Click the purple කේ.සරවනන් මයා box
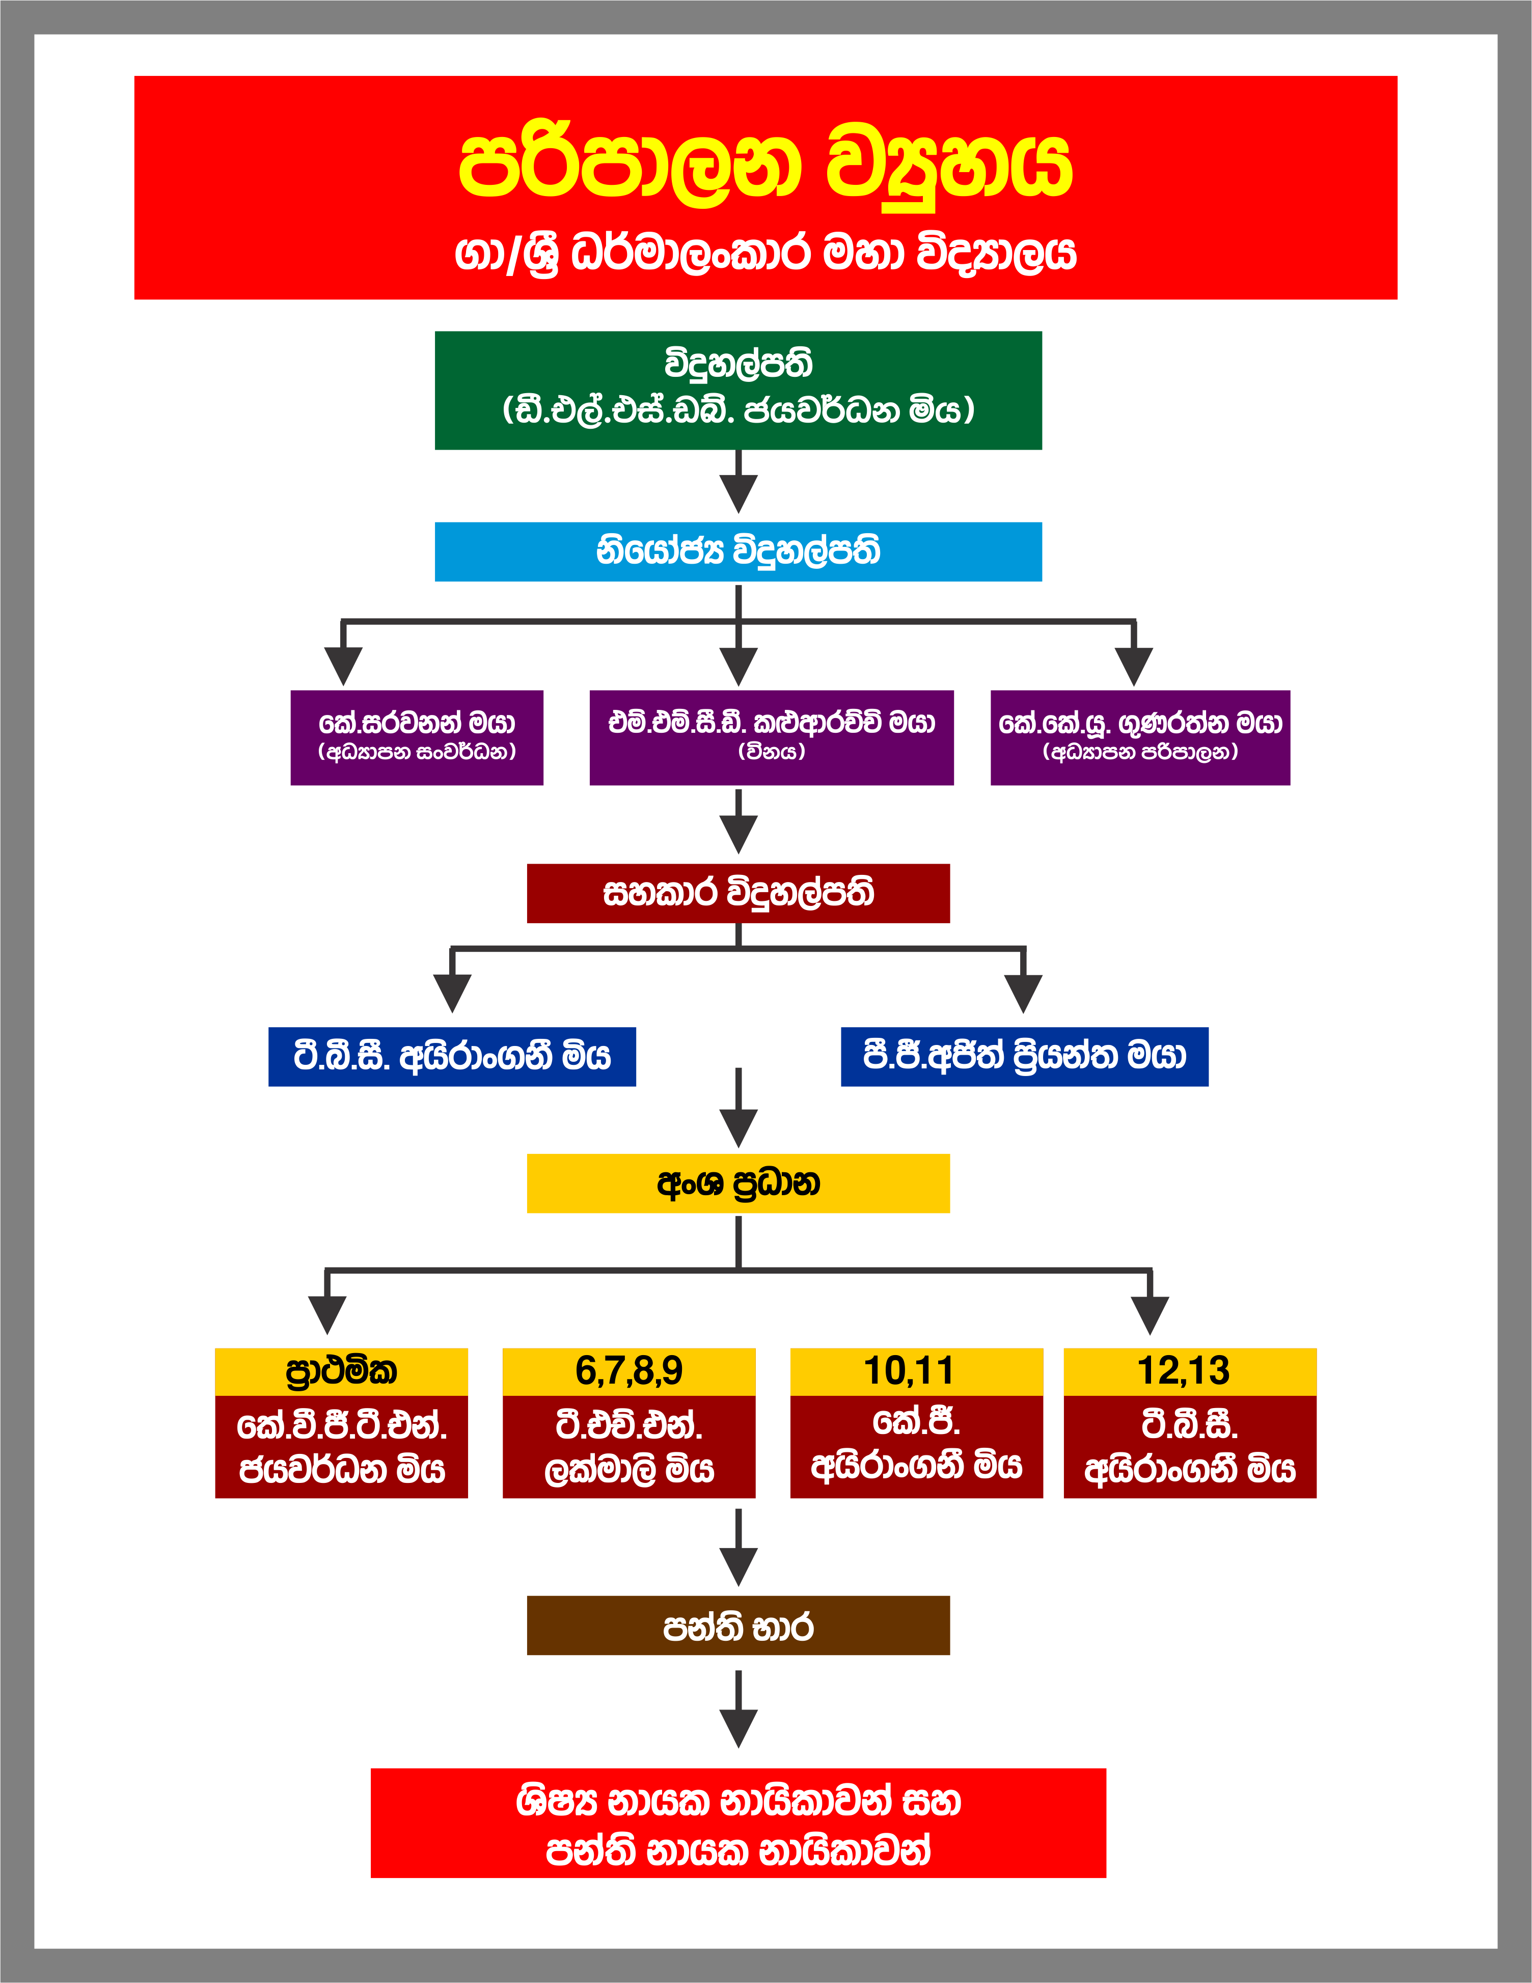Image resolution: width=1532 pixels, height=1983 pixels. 417,737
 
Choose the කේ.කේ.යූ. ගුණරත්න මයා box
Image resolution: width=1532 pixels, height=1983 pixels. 1140,737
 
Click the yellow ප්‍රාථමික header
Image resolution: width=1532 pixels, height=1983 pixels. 341,1371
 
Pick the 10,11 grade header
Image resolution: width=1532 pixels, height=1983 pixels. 916,1371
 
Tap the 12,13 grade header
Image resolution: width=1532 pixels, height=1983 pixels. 1190,1371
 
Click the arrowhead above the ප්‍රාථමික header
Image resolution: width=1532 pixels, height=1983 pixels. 327,1314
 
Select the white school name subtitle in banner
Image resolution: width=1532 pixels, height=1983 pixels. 765,253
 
